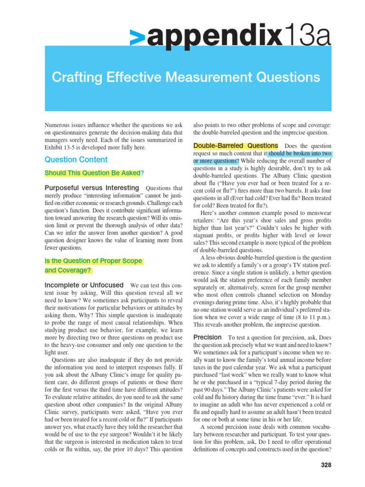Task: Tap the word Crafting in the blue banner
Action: click(x=76, y=77)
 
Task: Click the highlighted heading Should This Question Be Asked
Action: click(x=93, y=173)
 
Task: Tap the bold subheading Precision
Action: click(x=208, y=337)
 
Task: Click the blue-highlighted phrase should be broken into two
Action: click(x=299, y=154)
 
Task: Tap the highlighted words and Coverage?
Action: click(x=68, y=270)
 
